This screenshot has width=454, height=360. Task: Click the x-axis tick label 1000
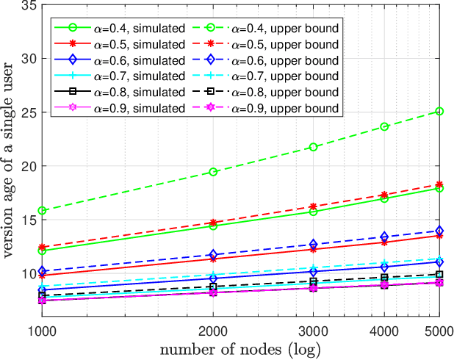click(x=43, y=330)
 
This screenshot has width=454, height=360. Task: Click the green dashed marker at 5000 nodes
click(x=439, y=111)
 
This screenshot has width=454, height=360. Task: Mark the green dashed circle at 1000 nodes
click(x=43, y=211)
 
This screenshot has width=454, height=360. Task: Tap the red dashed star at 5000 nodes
click(x=439, y=184)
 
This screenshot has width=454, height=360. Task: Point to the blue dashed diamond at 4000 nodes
click(x=383, y=237)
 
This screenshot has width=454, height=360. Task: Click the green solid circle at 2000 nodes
click(x=213, y=226)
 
